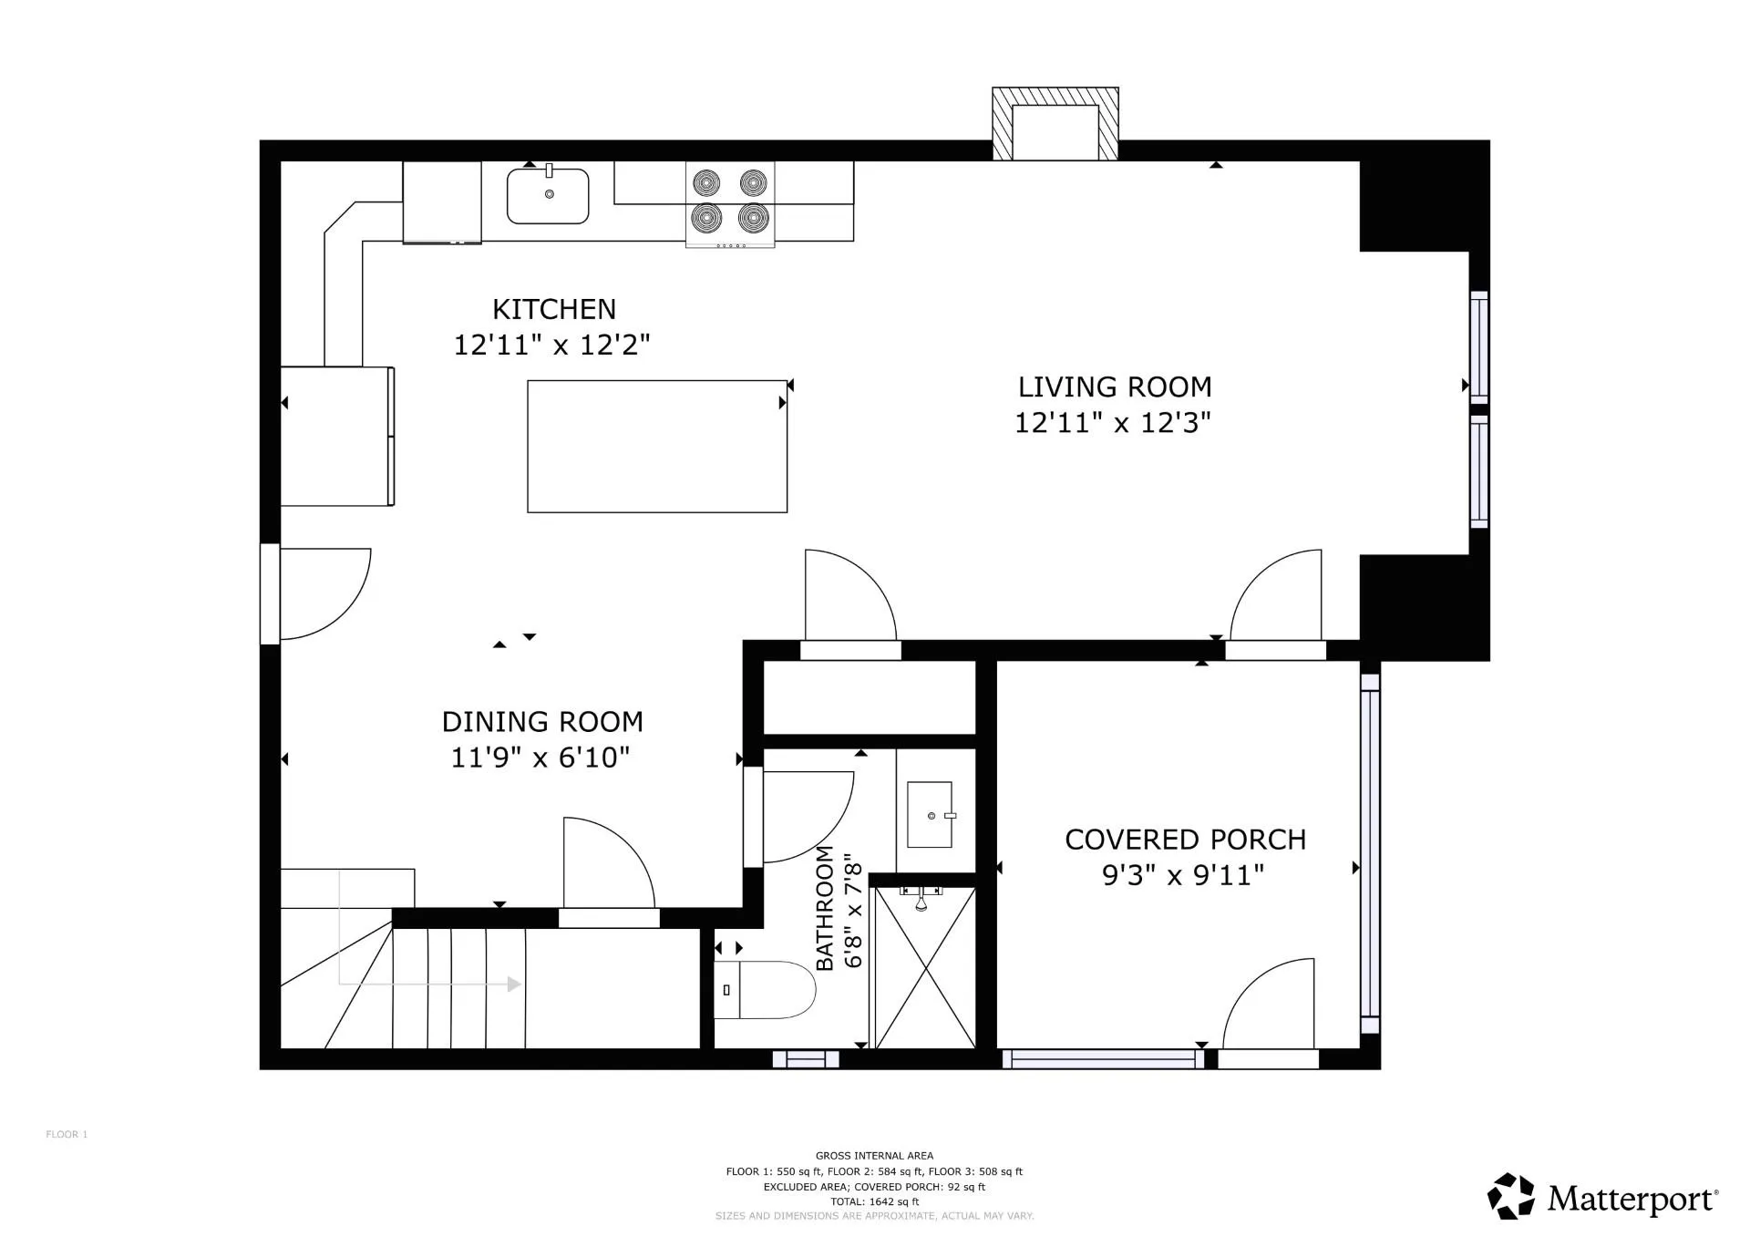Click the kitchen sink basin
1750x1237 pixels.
pos(548,197)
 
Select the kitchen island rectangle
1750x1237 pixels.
pos(657,447)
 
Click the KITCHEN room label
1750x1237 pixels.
pos(554,310)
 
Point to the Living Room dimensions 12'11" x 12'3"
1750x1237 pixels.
pos(1113,423)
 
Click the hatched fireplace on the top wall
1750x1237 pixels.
pos(1055,124)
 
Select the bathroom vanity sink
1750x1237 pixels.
pos(930,814)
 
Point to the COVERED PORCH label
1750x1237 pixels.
pos(1185,840)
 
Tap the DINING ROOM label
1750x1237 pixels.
pos(542,722)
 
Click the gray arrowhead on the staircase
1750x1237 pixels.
pos(514,984)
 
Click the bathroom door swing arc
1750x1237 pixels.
pos(807,816)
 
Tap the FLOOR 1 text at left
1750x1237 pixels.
pos(67,1135)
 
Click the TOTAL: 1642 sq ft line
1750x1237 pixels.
pos(874,1201)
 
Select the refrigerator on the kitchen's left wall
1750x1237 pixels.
pos(336,436)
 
